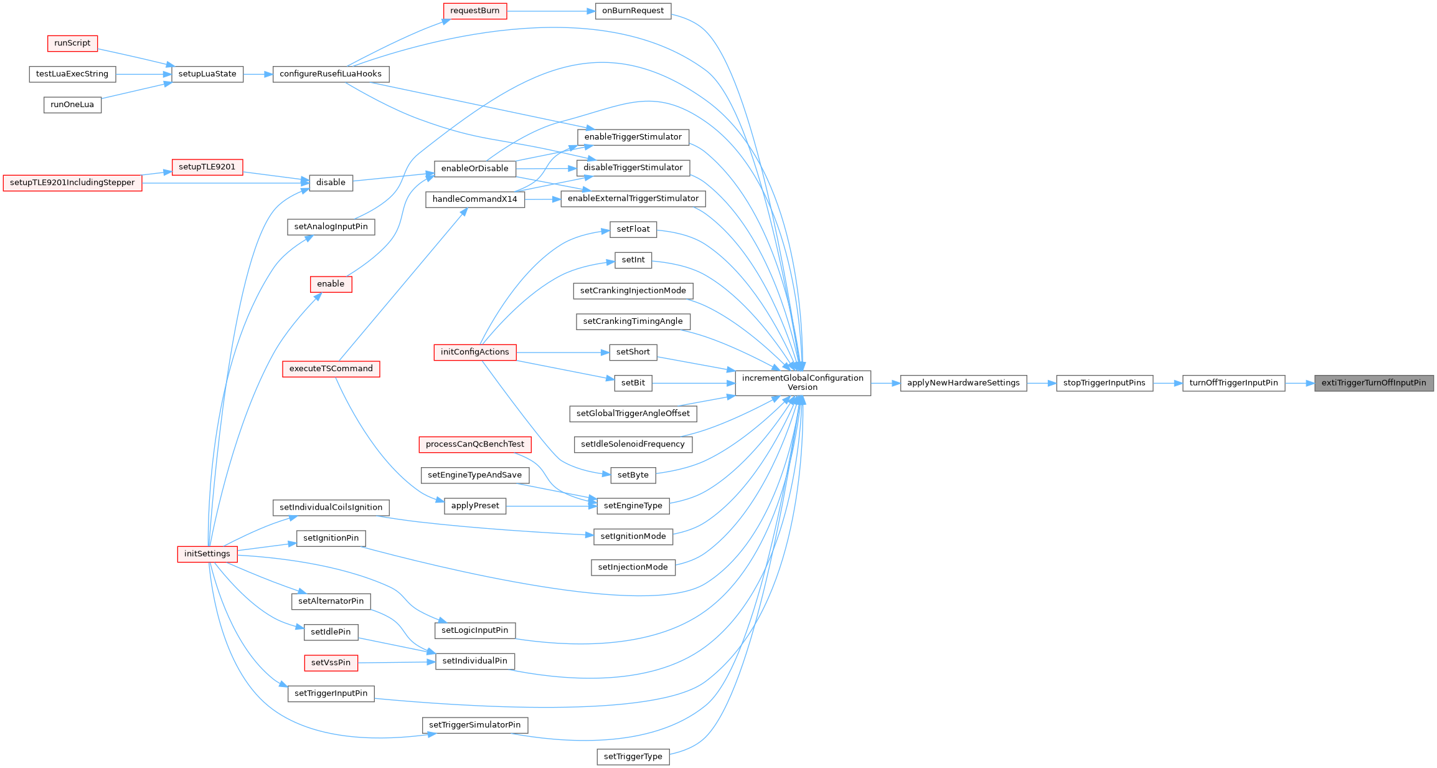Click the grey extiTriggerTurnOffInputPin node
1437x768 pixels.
[x=1373, y=383]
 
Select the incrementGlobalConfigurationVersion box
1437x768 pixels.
[x=803, y=383]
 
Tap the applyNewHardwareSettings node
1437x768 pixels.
[x=963, y=383]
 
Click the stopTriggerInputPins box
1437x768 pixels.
[x=1104, y=383]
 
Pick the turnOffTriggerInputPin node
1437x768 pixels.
[x=1233, y=383]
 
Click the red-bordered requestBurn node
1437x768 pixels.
[x=474, y=11]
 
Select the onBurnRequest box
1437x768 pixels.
[x=633, y=11]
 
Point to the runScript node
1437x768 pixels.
[x=72, y=44]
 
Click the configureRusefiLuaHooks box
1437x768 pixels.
[x=331, y=74]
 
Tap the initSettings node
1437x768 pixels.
[x=207, y=554]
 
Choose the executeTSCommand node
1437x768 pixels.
[x=331, y=369]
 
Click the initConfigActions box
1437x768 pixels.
[x=474, y=353]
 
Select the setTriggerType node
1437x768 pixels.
[x=633, y=757]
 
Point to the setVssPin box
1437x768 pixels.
[x=331, y=663]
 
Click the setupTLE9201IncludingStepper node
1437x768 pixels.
[x=72, y=183]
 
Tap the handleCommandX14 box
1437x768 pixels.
[x=474, y=199]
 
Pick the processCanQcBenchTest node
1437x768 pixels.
[x=474, y=445]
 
